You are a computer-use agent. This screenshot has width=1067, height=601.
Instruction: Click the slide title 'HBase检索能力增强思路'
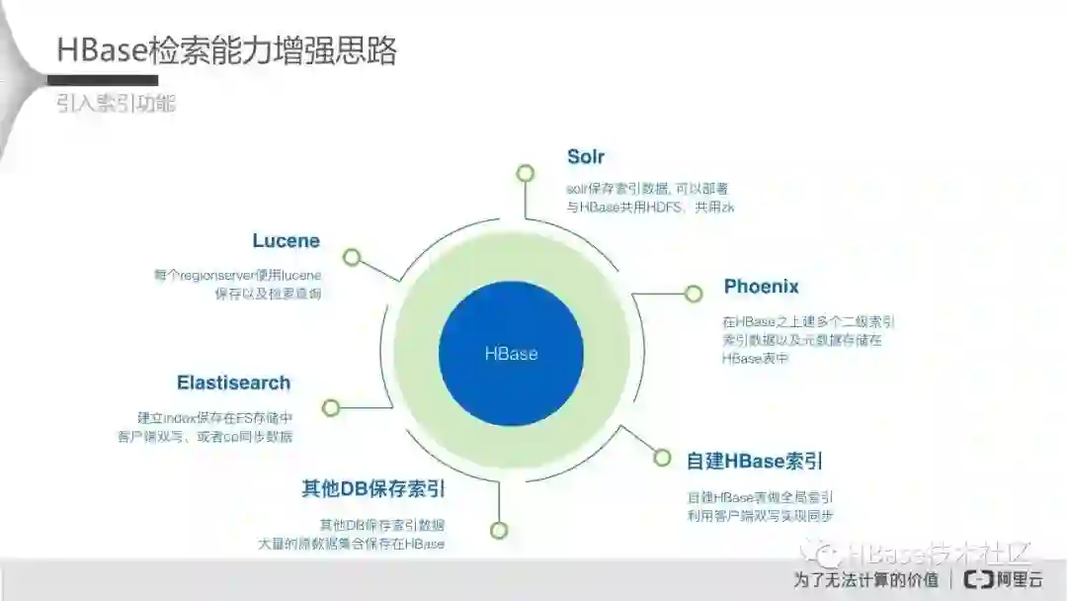coord(226,50)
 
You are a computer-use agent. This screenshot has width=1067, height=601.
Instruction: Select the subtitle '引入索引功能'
coord(116,104)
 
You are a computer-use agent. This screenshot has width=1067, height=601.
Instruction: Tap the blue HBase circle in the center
coord(511,354)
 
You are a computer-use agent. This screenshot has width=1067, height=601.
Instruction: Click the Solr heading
coord(586,157)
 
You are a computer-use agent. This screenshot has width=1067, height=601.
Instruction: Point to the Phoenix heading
coord(761,287)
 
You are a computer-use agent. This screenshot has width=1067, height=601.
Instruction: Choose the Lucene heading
coord(286,240)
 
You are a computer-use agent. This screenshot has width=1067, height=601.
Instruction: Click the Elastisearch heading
coord(233,383)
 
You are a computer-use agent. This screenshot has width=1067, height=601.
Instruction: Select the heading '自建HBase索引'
coord(755,461)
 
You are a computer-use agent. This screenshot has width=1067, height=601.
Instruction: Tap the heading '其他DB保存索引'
coord(372,488)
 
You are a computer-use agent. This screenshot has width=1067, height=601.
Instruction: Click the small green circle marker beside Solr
coord(525,173)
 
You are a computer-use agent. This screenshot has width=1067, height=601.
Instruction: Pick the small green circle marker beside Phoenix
coord(694,293)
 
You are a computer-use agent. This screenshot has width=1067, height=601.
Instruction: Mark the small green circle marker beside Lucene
coord(351,257)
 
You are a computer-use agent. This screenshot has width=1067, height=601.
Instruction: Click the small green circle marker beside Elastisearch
coord(331,407)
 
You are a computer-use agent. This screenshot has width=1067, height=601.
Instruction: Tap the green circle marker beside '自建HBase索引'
coord(663,457)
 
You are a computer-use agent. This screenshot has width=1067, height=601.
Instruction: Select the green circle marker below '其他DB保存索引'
coord(499,530)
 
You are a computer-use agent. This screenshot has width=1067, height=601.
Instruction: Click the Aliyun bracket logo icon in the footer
coord(978,579)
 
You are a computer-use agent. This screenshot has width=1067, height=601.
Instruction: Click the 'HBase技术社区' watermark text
coord(939,553)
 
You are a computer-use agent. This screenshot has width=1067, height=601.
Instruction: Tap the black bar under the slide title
coord(107,80)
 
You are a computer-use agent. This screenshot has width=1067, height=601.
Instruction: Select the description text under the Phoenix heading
coord(808,340)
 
